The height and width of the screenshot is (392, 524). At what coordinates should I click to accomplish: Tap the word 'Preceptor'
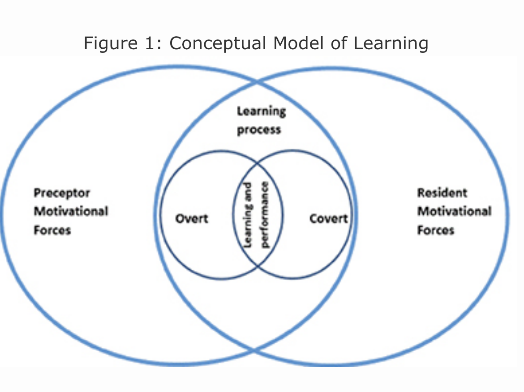(62, 193)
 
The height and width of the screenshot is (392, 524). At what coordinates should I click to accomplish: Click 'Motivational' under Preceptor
(71, 211)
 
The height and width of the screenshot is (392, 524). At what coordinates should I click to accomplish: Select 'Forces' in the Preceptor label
(52, 230)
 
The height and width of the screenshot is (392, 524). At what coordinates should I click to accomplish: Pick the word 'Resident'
(442, 193)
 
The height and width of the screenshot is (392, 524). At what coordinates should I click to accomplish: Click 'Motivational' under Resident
(454, 211)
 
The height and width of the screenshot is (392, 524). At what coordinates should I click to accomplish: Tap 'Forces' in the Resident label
(436, 230)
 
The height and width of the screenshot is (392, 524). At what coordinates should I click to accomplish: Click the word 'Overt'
(192, 218)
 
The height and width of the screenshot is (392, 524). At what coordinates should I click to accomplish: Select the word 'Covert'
(328, 218)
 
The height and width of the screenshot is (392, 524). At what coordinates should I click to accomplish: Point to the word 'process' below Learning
(259, 130)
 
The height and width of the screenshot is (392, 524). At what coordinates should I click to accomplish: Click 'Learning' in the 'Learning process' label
(261, 111)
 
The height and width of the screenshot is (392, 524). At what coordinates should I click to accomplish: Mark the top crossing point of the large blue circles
(257, 83)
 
